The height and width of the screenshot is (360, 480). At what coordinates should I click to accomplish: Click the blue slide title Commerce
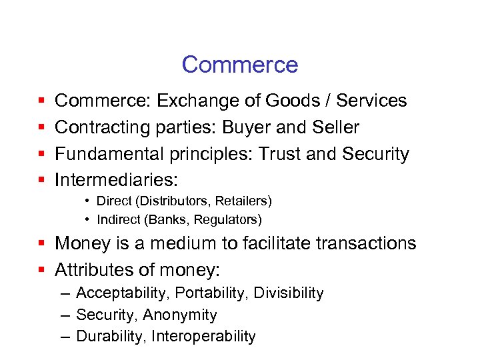(x=239, y=65)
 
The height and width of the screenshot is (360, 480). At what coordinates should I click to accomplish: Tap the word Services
(x=371, y=101)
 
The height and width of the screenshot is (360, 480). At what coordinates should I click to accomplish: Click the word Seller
(x=337, y=127)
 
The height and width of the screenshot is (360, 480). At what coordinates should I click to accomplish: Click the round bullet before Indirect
(x=88, y=219)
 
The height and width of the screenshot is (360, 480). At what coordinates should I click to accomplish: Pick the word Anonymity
(x=179, y=315)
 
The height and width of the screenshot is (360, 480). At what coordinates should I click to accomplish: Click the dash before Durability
(x=65, y=336)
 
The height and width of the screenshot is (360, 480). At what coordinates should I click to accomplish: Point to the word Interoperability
(x=203, y=336)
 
